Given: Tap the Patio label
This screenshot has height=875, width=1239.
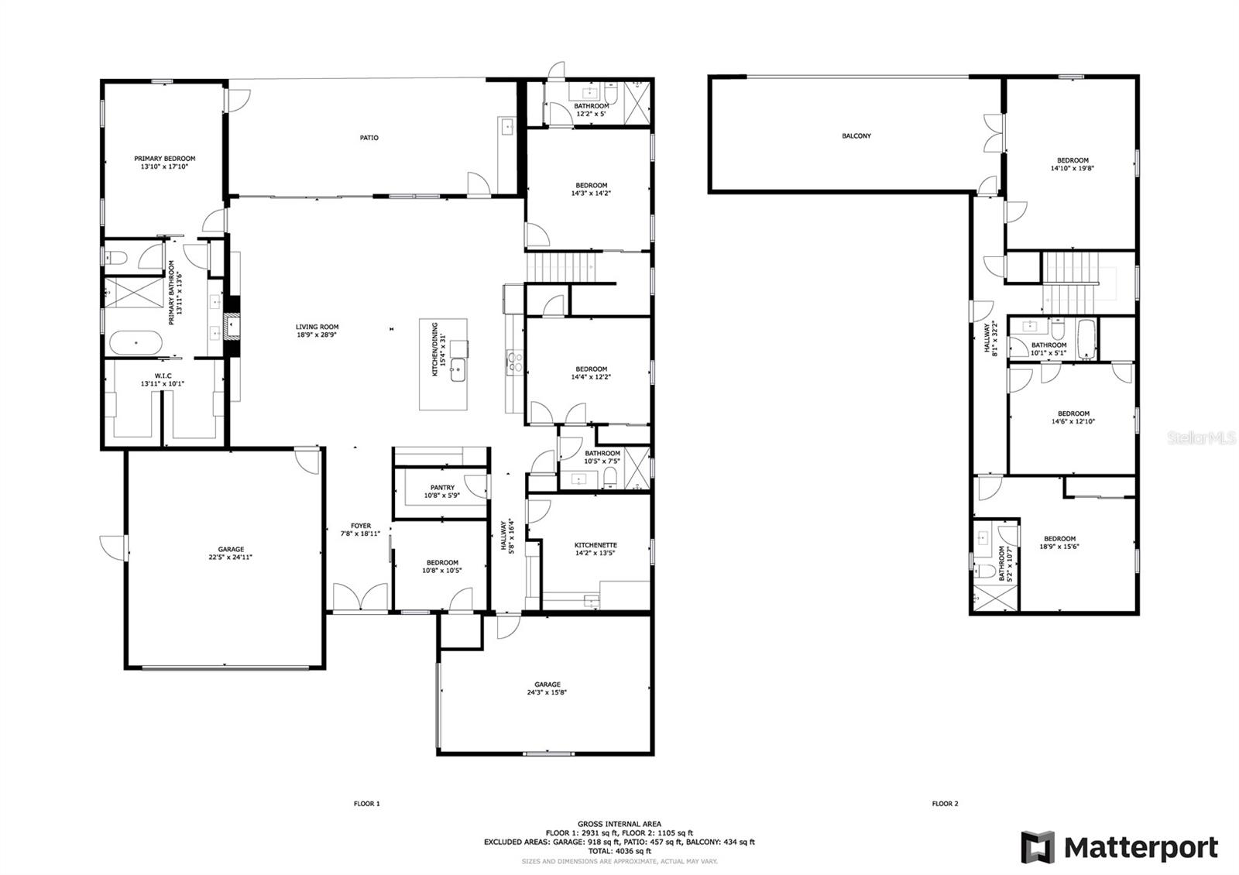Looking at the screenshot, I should pos(369,138).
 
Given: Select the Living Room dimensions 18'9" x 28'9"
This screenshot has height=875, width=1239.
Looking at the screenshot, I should pos(317,335).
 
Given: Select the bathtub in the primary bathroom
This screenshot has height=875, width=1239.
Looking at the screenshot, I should pos(136,342).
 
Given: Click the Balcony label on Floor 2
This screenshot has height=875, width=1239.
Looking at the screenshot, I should pos(856,136).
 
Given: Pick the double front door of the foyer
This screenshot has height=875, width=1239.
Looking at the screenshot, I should pos(360,596).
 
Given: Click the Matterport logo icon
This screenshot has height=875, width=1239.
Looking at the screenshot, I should pos(1038,847).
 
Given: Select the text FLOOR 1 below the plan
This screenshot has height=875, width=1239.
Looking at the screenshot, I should pos(367,804).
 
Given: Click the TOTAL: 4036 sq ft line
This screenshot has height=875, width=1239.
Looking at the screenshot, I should pos(619,851).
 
